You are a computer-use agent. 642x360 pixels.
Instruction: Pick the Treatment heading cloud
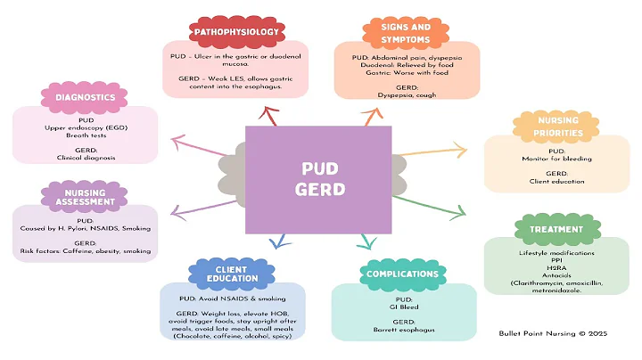pos(556,229)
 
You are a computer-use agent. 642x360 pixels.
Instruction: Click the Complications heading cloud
pos(400,274)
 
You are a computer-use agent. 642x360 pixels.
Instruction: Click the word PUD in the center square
pos(318,167)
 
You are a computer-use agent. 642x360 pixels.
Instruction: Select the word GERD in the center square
pos(318,189)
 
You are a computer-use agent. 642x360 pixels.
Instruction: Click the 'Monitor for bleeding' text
pos(556,158)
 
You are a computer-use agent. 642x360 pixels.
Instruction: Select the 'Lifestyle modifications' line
pos(556,253)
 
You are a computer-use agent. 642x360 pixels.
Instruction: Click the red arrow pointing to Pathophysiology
pos(268,114)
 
